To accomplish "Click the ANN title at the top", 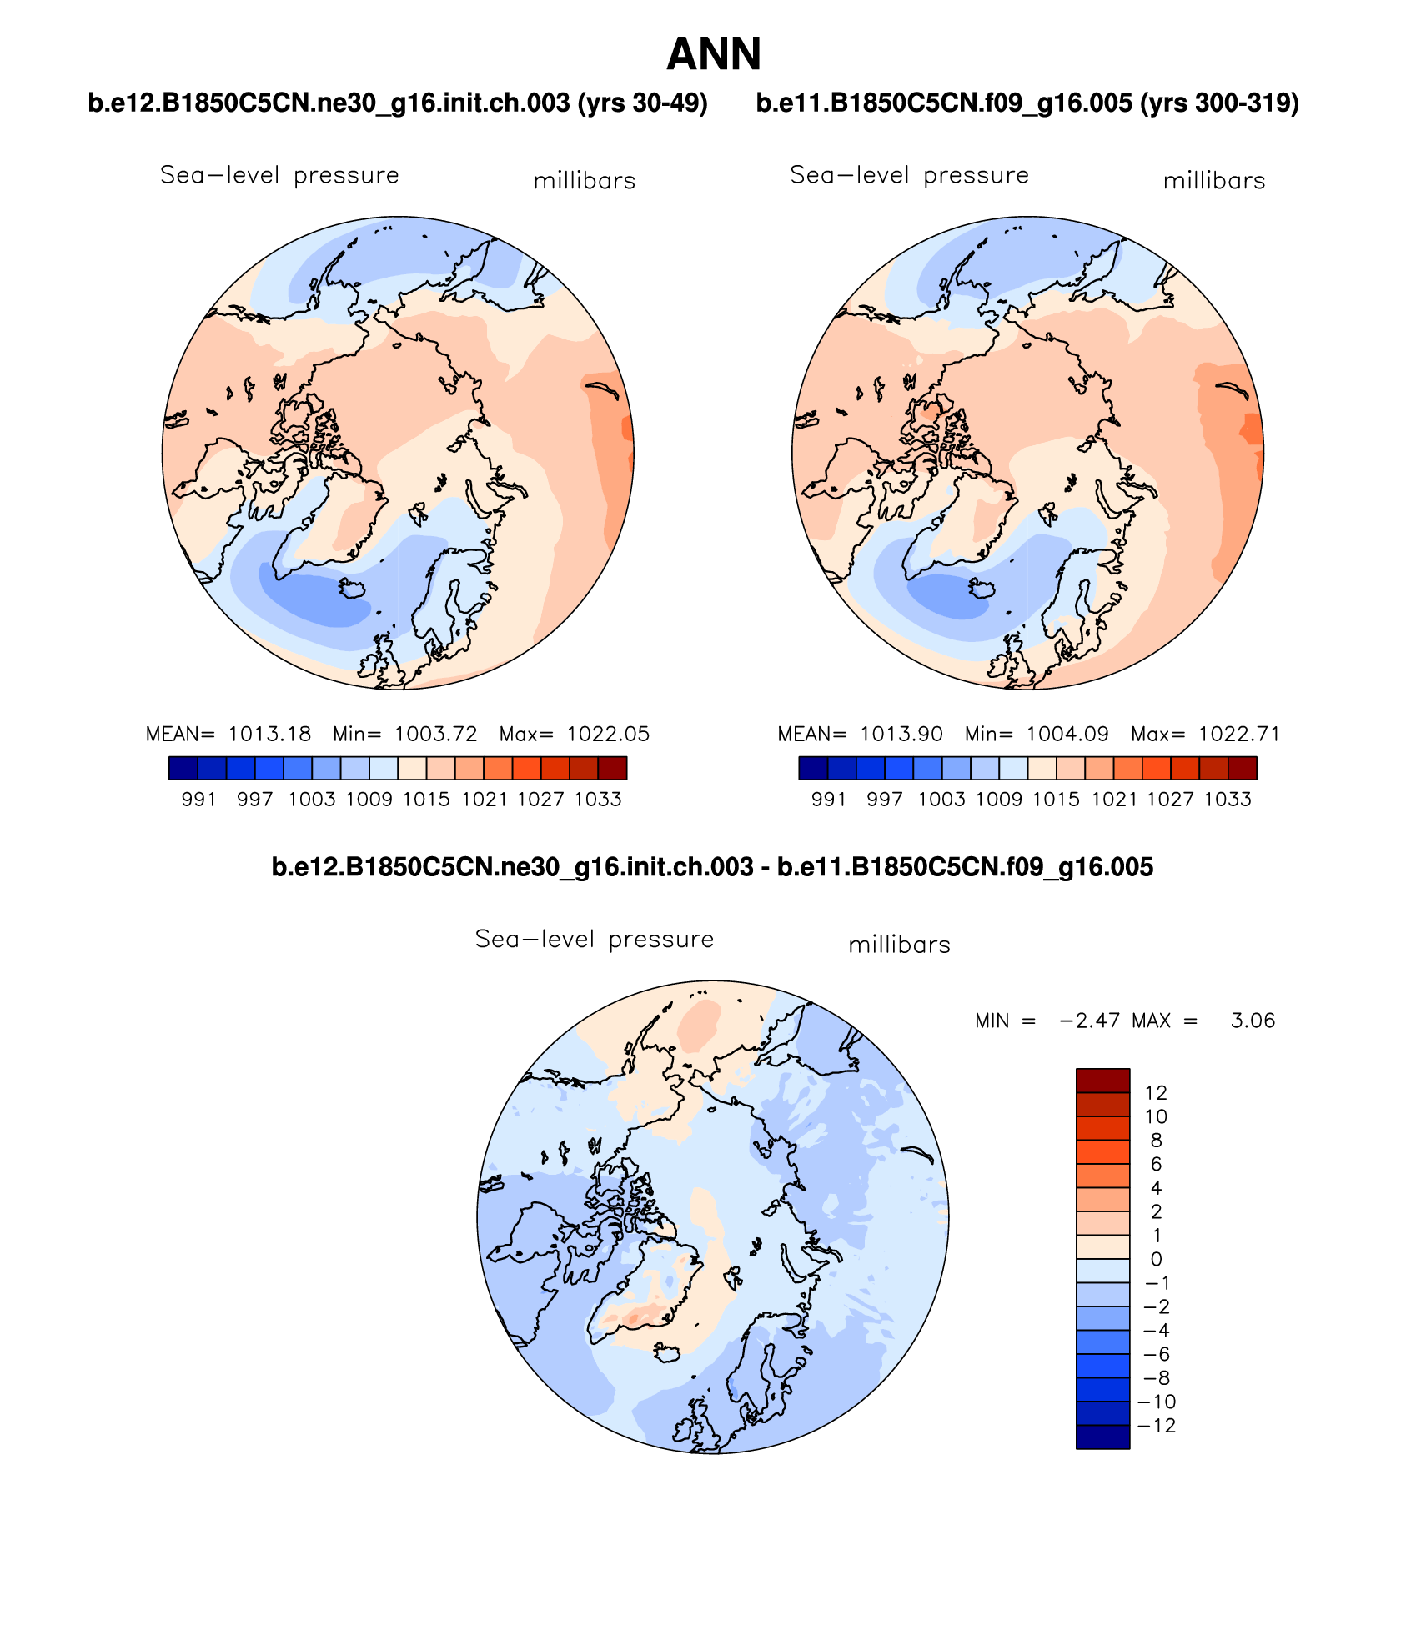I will coord(713,55).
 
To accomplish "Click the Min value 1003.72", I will coord(435,734).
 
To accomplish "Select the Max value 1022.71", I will coord(1238,734).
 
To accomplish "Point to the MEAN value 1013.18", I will coord(269,734).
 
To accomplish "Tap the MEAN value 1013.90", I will coord(901,734).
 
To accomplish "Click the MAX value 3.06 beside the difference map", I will coord(1253,1021).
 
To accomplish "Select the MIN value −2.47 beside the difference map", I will coord(1089,1021).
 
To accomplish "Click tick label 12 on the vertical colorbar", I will coord(1156,1092).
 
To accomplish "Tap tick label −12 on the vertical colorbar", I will coord(1157,1425).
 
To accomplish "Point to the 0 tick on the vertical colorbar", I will coord(1156,1259).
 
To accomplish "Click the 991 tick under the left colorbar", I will coord(198,800).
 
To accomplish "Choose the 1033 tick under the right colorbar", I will coord(1228,800).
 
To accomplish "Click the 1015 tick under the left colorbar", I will coord(425,800).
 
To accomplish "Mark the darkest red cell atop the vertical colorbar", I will coord(1102,1080).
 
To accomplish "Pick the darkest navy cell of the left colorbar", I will coord(183,768).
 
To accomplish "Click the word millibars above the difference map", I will coord(899,945).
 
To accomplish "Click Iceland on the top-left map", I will coord(352,589).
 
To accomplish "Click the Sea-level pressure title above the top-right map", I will coord(909,175).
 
